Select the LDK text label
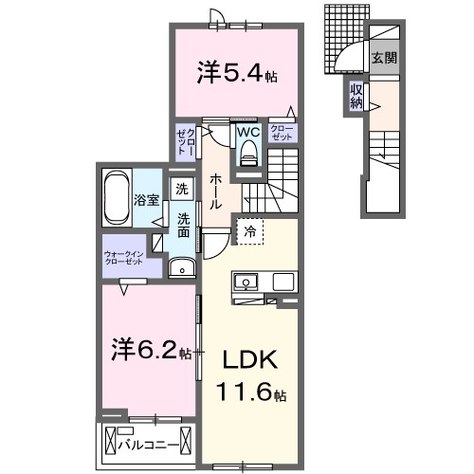pyautogui.click(x=249, y=361)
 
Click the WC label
pyautogui.click(x=248, y=133)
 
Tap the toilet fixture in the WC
pyautogui.click(x=249, y=153)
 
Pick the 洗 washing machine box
pyautogui.click(x=181, y=190)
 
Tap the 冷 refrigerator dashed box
pyautogui.click(x=249, y=230)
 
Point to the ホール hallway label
pyautogui.click(x=216, y=191)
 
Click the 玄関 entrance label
pyautogui.click(x=383, y=58)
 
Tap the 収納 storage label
pyautogui.click(x=355, y=96)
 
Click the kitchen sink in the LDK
pyautogui.click(x=244, y=283)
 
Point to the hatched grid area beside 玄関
pyautogui.click(x=342, y=28)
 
